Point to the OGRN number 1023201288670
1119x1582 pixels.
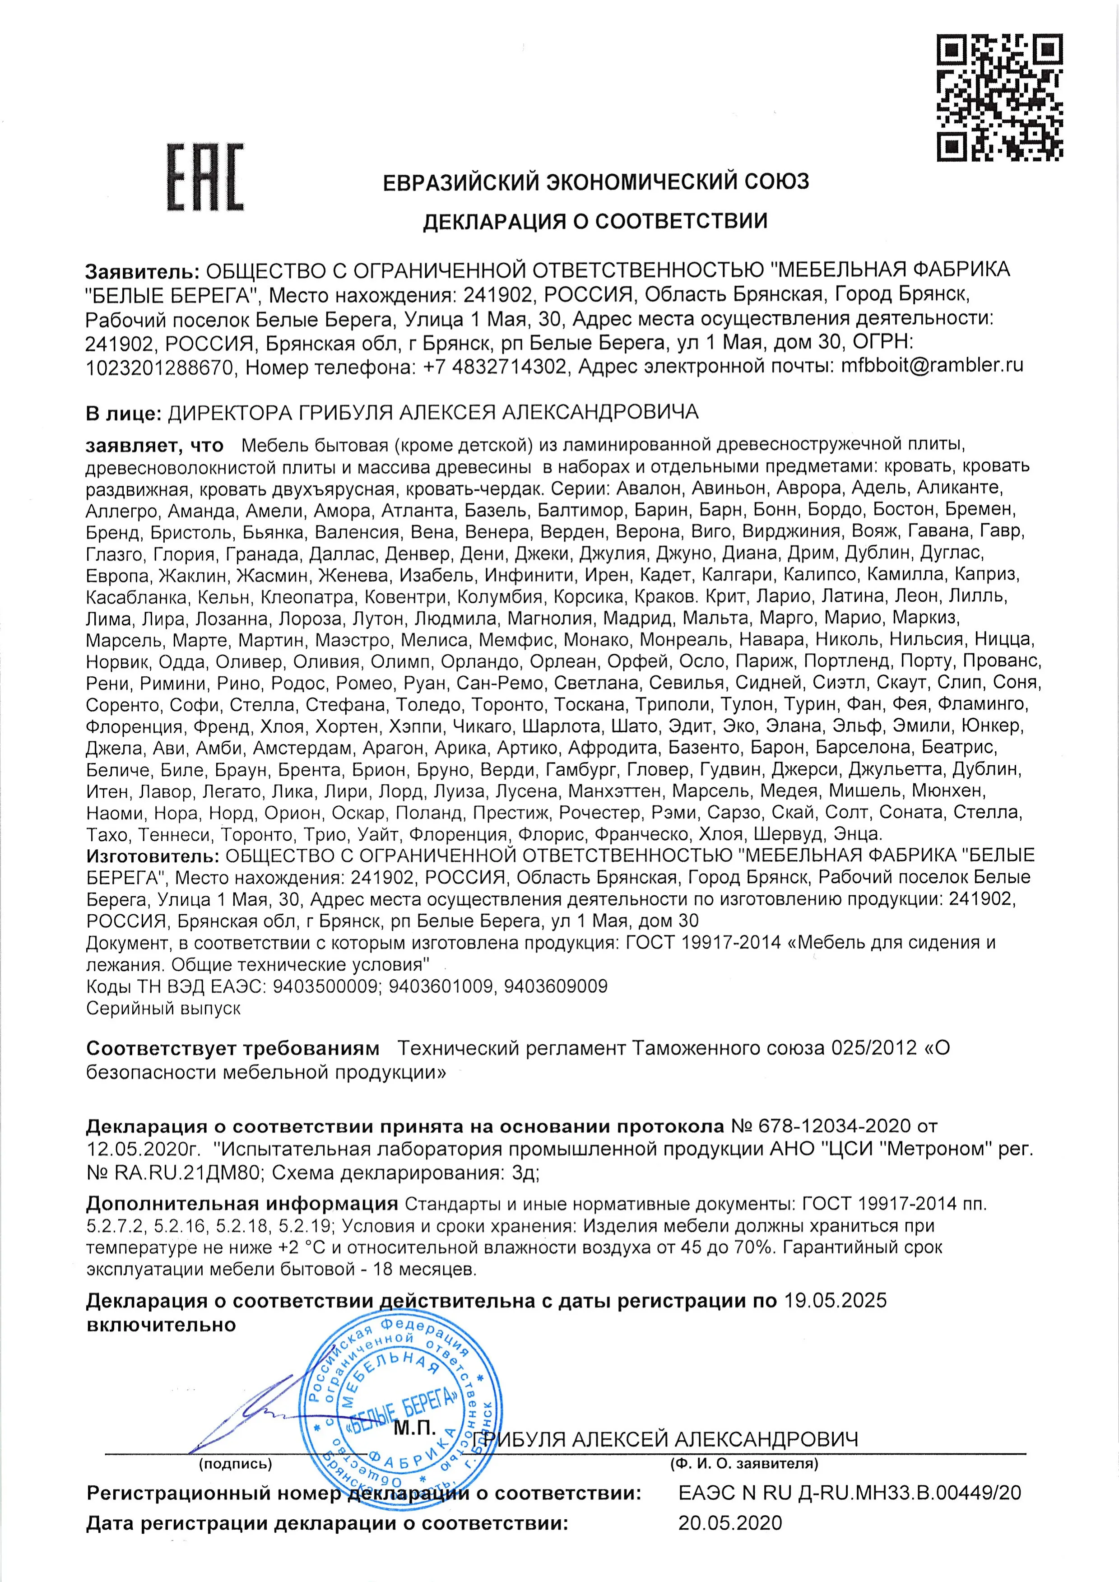pyautogui.click(x=160, y=366)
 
